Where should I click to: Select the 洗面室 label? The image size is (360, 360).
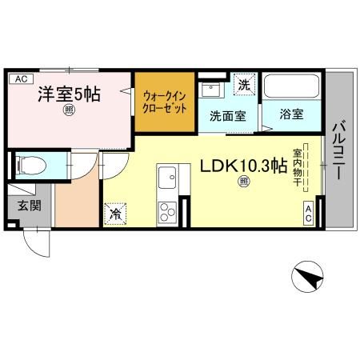(227, 115)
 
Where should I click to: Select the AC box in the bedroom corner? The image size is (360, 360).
(21, 78)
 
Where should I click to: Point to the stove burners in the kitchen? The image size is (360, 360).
(168, 211)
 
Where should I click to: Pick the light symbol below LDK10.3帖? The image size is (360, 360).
(242, 183)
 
